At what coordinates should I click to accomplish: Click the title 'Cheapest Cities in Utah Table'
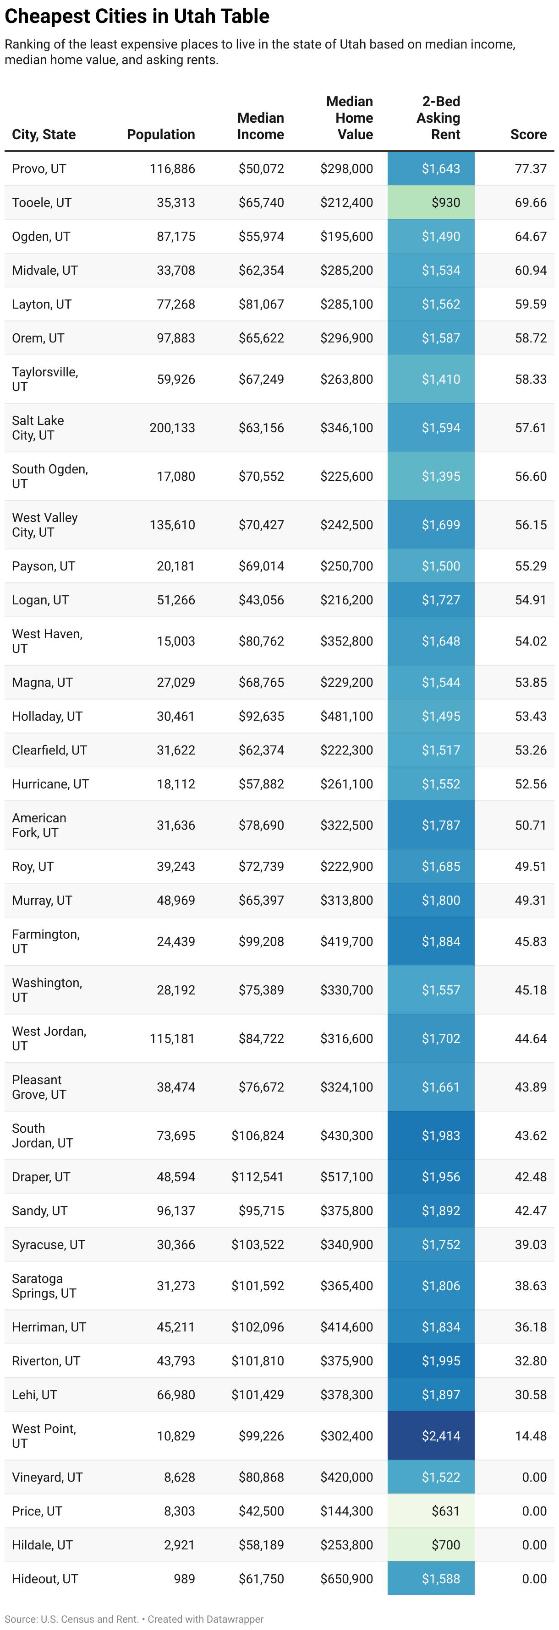137,16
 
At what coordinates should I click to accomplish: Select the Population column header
161,134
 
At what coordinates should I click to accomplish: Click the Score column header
528,134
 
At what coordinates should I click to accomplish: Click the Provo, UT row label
39,169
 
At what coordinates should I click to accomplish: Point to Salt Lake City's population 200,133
172,428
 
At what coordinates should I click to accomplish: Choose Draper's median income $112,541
258,1177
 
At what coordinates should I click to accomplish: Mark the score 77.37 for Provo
531,169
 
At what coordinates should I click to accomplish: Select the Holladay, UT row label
47,716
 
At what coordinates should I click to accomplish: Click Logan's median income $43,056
261,600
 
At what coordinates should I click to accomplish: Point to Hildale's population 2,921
179,1544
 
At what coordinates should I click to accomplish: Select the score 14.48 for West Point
531,1436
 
